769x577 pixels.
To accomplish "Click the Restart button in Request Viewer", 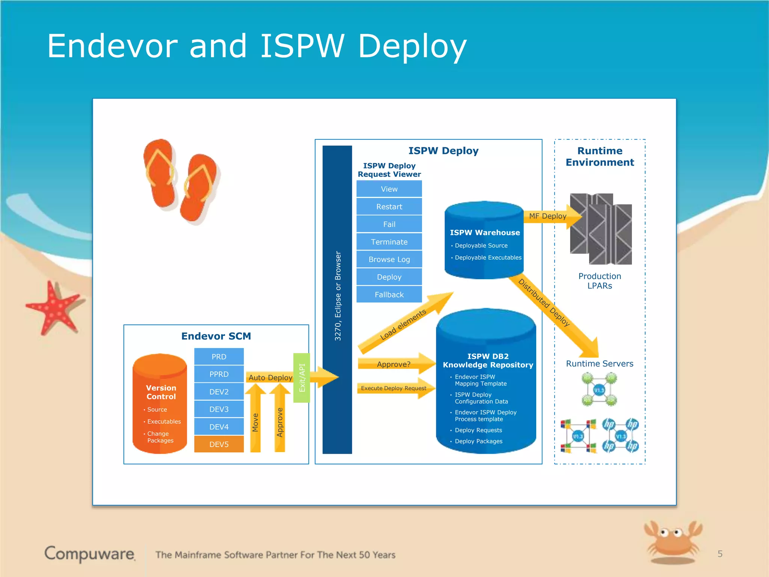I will click(389, 207).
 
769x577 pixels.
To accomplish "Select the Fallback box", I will click(389, 295).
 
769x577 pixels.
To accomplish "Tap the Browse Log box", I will click(389, 259).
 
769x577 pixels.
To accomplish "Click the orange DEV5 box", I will click(219, 444).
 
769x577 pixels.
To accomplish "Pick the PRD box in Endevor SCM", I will click(219, 356).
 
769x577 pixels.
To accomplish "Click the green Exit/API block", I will click(302, 378).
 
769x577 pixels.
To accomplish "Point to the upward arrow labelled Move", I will click(255, 421).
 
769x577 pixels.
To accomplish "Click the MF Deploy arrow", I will click(548, 216).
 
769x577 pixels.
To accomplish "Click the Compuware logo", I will click(89, 554).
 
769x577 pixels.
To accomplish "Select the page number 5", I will click(720, 554).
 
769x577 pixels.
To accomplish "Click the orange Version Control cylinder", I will click(160, 404).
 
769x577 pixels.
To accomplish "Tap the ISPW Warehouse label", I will click(485, 233).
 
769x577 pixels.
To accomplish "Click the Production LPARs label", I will click(600, 281).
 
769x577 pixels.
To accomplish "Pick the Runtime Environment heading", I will click(600, 156).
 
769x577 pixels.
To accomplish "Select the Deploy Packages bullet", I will click(478, 441).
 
